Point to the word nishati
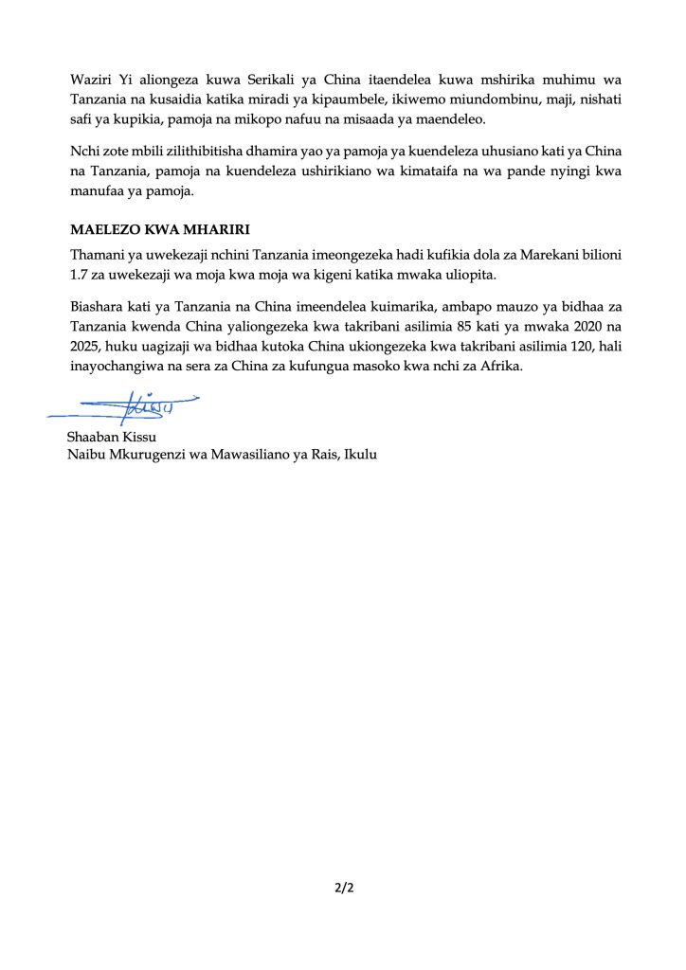click(x=593, y=100)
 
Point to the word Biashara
click(x=98, y=307)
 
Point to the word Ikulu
click(x=359, y=456)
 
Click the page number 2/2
click(x=343, y=889)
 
